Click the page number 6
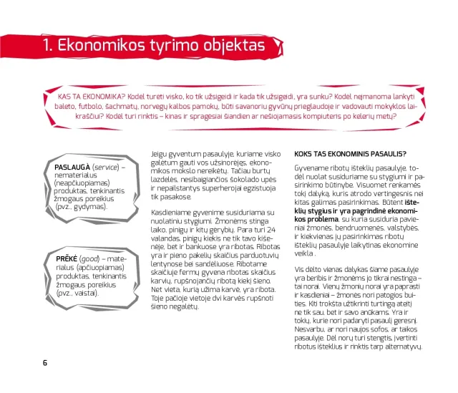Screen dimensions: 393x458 (x=45, y=362)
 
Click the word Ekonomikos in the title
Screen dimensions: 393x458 (x=104, y=47)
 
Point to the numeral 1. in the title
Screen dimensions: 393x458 (x=49, y=47)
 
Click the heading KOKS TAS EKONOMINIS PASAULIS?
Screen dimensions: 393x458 (x=350, y=153)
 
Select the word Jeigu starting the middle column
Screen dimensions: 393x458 (x=162, y=152)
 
